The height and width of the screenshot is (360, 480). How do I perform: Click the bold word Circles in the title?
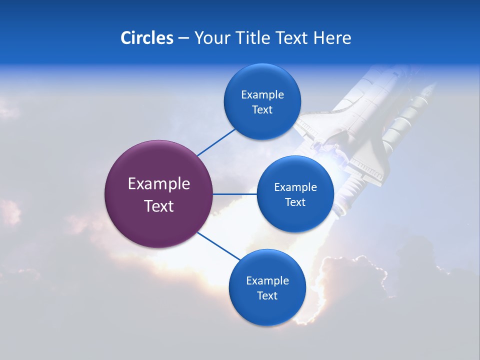coord(146,38)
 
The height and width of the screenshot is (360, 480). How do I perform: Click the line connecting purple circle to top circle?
coord(216,142)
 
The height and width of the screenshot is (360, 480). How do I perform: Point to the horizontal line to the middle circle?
coord(235,194)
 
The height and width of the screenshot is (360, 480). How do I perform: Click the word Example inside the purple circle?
coord(158,184)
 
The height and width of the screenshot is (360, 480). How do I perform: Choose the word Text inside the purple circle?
coord(158,206)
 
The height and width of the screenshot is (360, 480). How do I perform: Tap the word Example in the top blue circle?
coord(262,95)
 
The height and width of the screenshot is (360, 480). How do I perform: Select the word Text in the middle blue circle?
coord(295,202)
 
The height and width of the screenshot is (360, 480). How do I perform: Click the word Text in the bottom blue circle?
coord(267,296)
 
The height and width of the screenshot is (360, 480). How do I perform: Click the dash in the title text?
coord(183,38)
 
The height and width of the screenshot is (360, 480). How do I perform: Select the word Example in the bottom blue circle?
coord(267,281)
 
